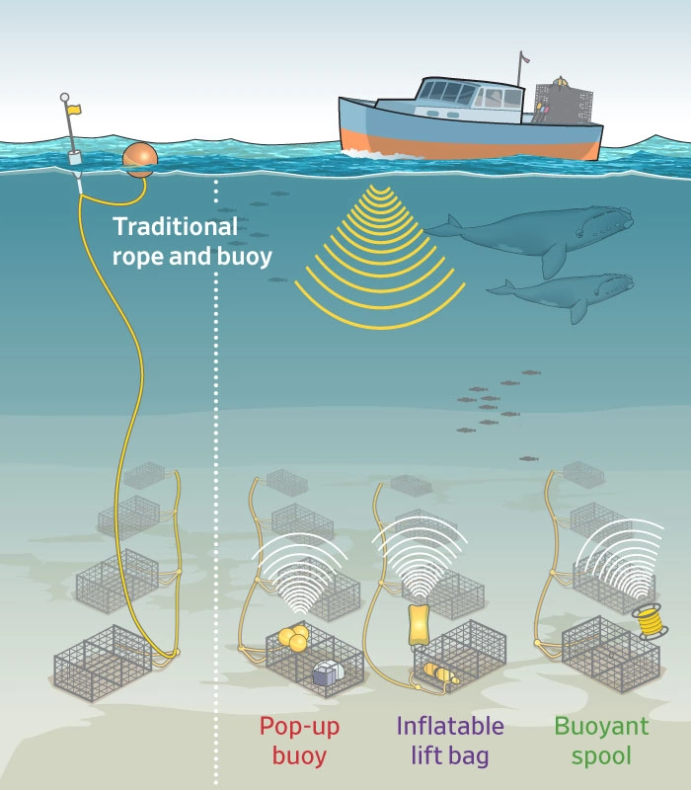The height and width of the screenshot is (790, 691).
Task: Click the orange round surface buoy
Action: (x=139, y=158)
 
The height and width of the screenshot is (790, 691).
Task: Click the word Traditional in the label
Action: (x=175, y=226)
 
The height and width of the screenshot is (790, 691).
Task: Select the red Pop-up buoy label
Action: (x=292, y=742)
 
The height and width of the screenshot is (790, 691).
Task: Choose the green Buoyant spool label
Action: (x=601, y=742)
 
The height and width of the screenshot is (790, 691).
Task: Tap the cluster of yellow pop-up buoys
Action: (x=293, y=638)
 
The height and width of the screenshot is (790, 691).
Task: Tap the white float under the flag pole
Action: (x=74, y=158)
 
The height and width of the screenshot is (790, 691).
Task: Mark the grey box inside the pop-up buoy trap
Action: (x=327, y=673)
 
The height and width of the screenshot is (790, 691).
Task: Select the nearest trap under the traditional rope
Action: (x=104, y=663)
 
